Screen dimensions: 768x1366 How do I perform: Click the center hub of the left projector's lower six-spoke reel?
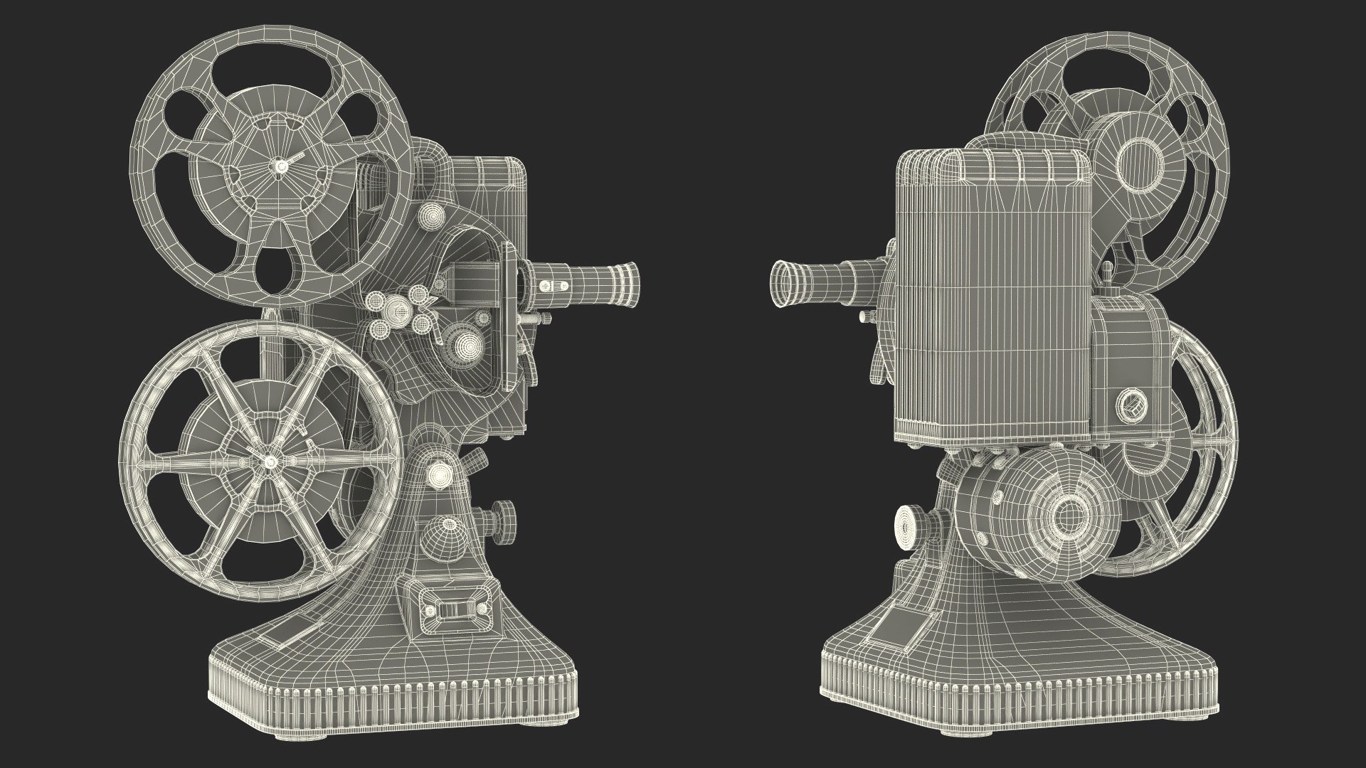click(270, 462)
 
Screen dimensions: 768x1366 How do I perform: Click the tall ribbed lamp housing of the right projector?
click(992, 299)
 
